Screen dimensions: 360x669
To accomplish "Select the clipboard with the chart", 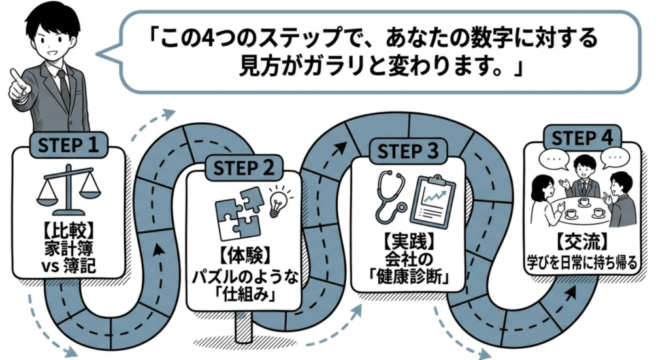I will [432, 199].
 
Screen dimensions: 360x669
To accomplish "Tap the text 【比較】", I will [69, 231].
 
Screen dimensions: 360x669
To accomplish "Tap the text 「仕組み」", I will [243, 295].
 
